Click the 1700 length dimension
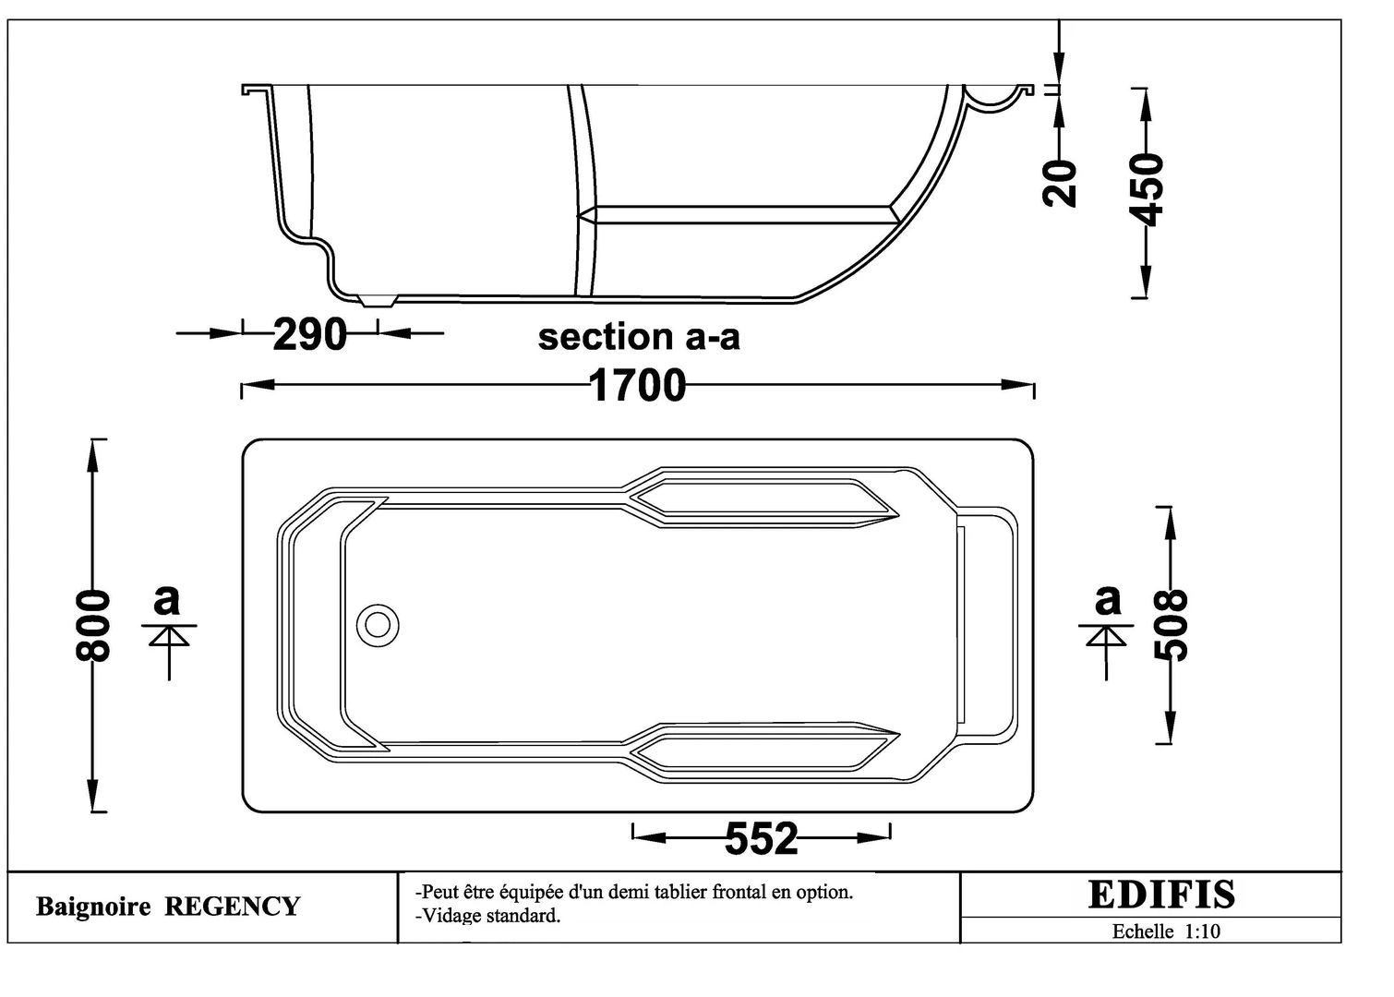point(637,385)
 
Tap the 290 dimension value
point(309,334)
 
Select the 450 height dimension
point(1147,189)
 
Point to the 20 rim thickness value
point(1059,183)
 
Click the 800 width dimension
point(92,626)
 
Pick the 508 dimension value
point(1171,625)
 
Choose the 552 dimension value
point(761,838)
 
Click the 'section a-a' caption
point(639,337)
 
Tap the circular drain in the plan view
point(378,625)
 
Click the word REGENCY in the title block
point(232,907)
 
